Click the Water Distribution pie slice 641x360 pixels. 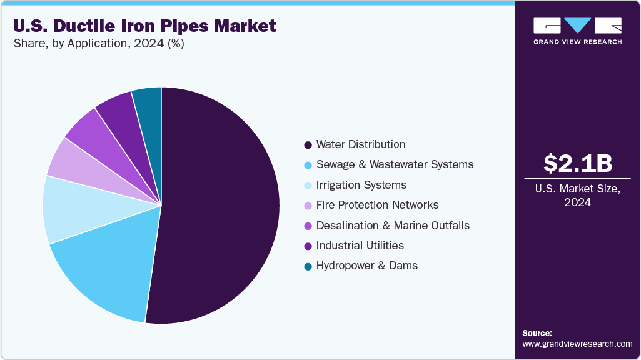point(219,206)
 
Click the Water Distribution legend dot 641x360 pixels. point(308,145)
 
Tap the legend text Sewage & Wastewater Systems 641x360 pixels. point(395,165)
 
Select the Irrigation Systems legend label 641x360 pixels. point(361,185)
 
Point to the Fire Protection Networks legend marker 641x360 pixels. point(308,206)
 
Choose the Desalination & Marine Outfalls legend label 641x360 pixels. point(393,226)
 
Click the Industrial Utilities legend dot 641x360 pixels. point(308,246)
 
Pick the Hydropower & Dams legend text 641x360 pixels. point(366,266)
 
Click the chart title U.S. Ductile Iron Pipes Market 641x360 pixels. point(144,26)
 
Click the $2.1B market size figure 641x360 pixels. point(577,163)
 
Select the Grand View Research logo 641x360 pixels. point(577,31)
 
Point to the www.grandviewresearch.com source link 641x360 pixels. point(577,344)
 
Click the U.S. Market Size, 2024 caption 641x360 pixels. point(577,196)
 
